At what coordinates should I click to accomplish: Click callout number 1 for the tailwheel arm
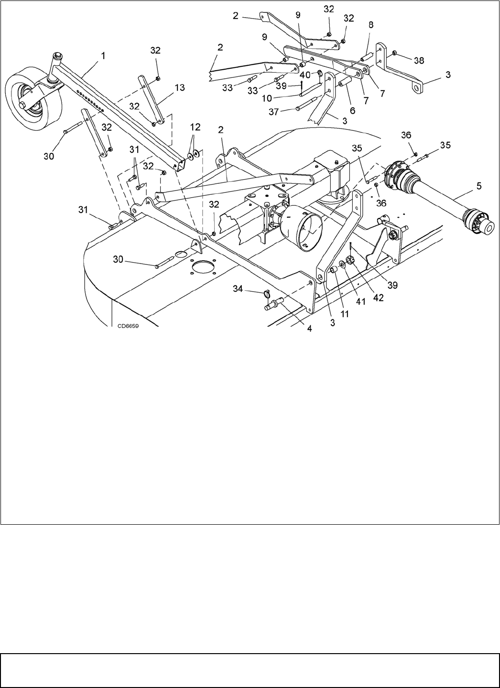click(104, 56)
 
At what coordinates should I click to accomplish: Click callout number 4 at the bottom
click(309, 329)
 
